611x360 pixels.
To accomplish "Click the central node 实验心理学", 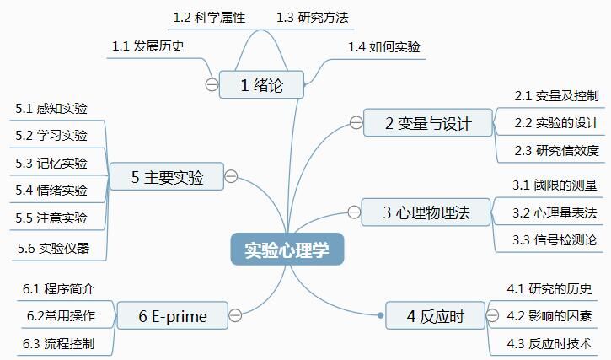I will (287, 250).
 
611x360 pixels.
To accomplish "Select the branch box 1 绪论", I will (261, 84).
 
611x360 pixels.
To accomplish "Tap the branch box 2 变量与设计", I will (428, 124).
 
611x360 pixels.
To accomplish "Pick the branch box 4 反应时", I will (436, 316).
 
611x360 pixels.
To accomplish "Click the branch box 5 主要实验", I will (167, 177).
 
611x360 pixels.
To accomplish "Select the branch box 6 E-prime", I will (172, 316).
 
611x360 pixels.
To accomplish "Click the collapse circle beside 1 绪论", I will (212, 84).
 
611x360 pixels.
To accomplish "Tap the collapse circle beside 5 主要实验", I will (231, 177).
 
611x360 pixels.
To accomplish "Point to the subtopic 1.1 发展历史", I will (148, 46).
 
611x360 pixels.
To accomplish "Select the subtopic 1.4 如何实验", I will (383, 46).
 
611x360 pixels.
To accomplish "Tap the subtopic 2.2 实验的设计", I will (556, 123).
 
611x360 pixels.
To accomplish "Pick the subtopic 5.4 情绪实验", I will (51, 190).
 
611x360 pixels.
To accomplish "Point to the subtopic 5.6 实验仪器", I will (52, 248).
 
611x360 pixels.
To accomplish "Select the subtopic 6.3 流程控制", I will (58, 343).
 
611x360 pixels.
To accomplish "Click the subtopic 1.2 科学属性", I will (209, 17).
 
